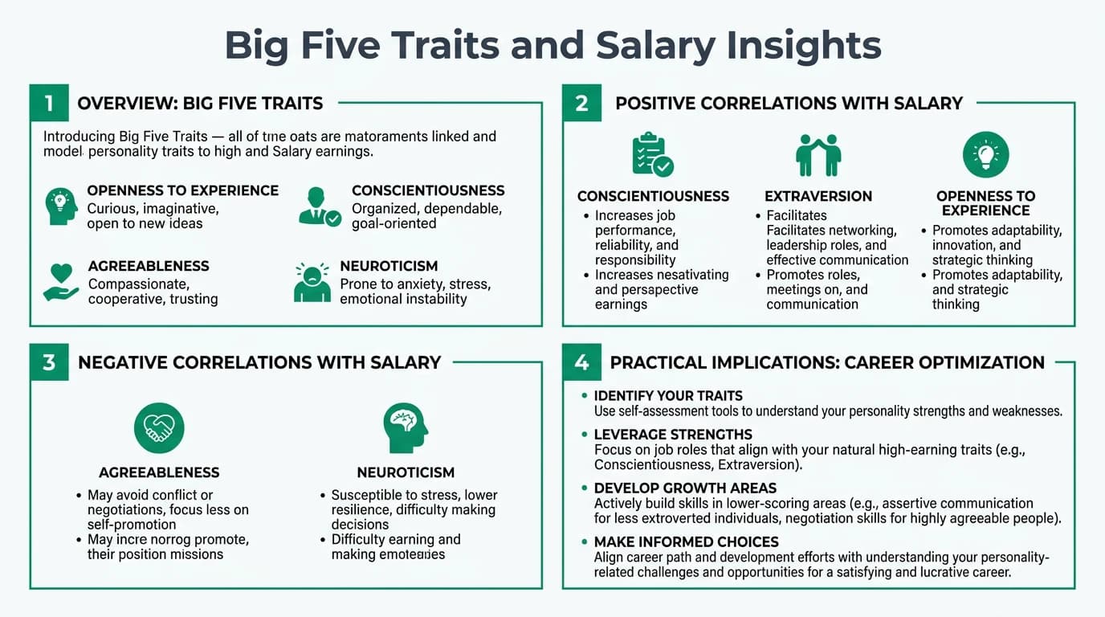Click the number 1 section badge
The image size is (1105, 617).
point(49,104)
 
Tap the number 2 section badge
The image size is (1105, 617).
point(581,104)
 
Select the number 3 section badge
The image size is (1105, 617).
point(49,362)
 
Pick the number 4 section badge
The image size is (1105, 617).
point(581,362)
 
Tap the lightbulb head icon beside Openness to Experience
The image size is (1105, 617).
point(61,206)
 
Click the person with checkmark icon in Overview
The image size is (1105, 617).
point(319,206)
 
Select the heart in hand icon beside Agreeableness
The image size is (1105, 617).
point(61,282)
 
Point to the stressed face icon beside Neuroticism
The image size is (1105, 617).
point(312,282)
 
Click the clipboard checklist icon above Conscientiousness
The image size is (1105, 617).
point(652,155)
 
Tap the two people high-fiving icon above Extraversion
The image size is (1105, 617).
point(818,155)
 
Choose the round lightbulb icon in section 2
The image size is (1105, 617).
point(985,155)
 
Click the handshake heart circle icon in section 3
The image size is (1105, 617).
point(159,427)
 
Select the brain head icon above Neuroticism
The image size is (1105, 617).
point(406,428)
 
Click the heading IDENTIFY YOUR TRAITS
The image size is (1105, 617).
point(668,396)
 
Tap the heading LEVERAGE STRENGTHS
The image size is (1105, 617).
point(673,435)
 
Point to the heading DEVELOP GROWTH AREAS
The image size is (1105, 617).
point(685,488)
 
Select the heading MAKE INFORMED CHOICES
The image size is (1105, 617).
point(686,541)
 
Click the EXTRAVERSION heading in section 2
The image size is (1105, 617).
point(818,196)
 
